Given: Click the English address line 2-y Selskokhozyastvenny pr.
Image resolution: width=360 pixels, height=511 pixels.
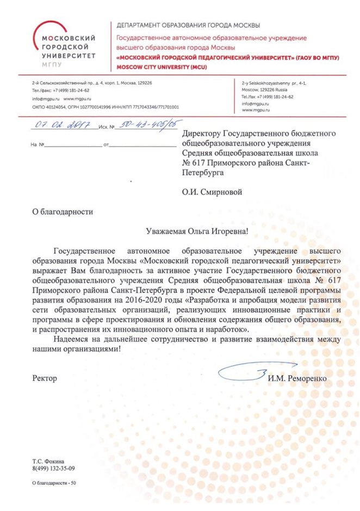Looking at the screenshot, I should click(274, 82).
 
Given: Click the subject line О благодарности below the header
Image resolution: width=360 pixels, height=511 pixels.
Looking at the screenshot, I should click(63, 212).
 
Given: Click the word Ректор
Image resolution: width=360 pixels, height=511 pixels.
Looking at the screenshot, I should click(45, 378).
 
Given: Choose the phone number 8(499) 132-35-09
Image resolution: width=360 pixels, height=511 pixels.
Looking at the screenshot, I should click(53, 468).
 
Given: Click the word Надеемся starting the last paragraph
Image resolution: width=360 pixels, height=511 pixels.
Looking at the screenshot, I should click(73, 339).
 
